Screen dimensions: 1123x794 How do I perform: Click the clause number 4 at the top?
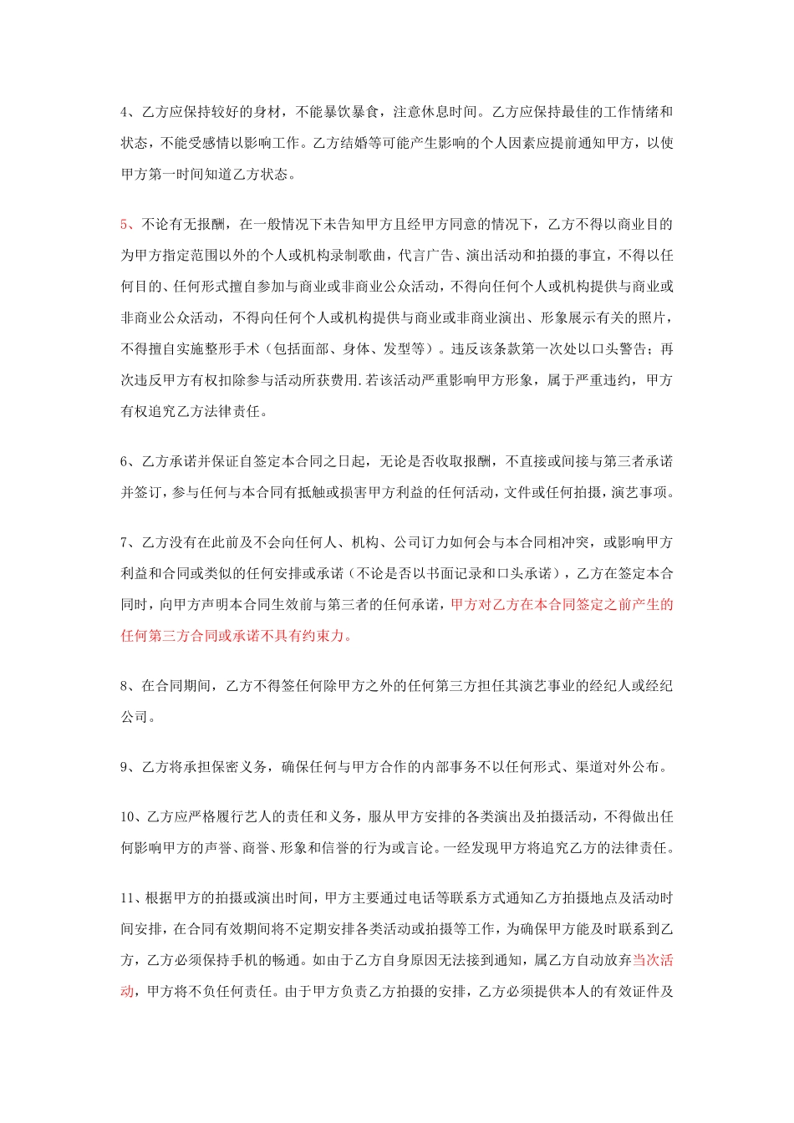coord(125,112)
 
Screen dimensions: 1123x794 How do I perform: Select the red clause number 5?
coord(125,224)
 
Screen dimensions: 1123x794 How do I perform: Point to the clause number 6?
coord(125,461)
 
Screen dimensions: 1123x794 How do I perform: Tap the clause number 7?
coord(125,542)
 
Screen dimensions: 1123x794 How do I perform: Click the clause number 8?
coord(125,686)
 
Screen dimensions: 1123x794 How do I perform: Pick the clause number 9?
coord(125,766)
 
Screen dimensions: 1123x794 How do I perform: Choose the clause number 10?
coord(128,816)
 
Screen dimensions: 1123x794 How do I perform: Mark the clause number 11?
coord(128,898)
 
